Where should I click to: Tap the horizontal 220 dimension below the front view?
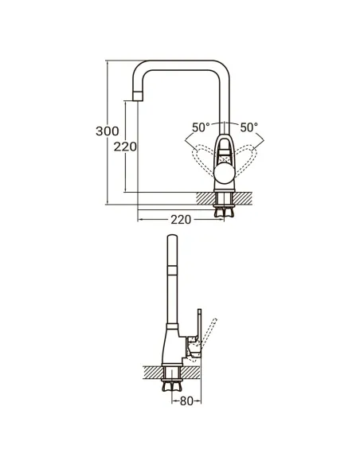point(181,220)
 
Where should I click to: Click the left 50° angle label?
point(202,127)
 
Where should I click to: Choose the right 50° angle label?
point(249,127)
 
